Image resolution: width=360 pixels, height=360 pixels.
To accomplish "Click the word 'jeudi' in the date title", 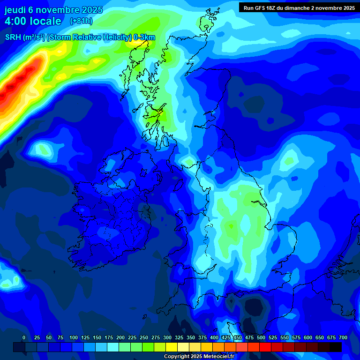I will tap(15, 10).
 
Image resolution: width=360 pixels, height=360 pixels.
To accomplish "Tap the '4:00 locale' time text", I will tap(33, 21).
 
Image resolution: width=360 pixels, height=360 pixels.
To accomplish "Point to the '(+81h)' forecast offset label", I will tap(81, 21).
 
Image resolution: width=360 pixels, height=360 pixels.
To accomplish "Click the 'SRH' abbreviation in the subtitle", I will tap(13, 37).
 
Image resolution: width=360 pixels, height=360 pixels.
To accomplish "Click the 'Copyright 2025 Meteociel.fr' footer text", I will tap(199, 356).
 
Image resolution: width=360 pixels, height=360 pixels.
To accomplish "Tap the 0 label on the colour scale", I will tap(24, 337).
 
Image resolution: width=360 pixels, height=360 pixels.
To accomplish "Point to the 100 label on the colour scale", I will tap(74, 337).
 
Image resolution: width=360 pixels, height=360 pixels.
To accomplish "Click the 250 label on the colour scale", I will tap(144, 337).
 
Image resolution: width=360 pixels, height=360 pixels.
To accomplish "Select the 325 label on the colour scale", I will tap(179, 337).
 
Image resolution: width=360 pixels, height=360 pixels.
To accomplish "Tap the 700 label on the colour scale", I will tap(343, 337).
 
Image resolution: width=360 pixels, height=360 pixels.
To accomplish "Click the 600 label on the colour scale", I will tap(308, 337).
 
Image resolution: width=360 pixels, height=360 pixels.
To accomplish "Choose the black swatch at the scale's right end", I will tap(336, 347).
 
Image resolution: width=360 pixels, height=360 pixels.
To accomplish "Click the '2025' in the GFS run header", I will tap(347, 8).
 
